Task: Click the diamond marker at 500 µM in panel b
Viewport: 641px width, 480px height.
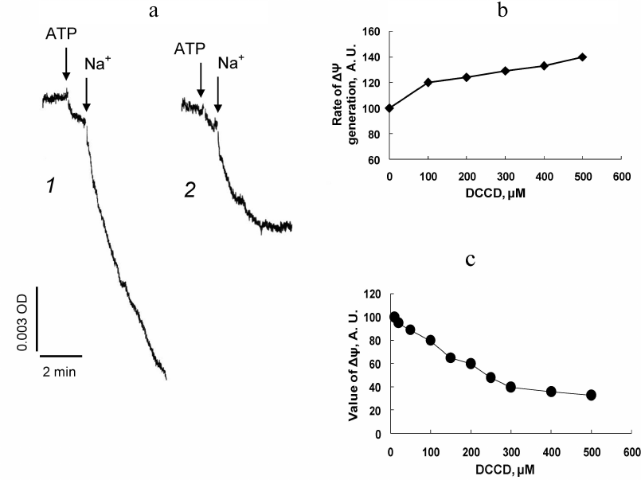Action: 583,57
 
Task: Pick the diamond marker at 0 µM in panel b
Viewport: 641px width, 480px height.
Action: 389,108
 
